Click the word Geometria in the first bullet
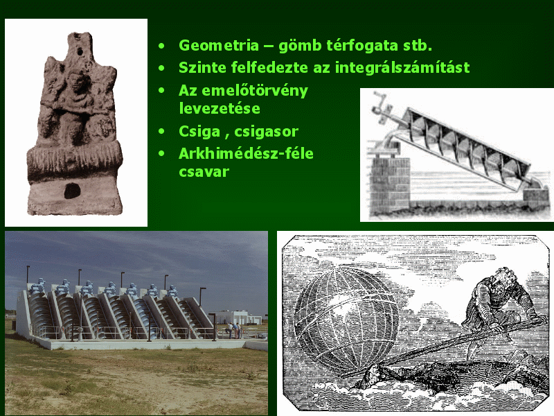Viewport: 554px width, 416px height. [219, 45]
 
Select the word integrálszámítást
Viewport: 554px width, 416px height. [402, 67]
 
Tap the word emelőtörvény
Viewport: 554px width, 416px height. [255, 91]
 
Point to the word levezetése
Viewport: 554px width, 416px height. [220, 108]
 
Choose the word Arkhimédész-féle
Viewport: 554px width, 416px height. [246, 153]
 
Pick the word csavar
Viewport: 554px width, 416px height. [204, 172]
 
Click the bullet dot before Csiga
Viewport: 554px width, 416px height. [162, 132]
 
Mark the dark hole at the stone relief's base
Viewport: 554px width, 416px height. [72, 191]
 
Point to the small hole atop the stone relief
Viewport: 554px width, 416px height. [80, 52]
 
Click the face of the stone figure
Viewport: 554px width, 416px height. [76, 81]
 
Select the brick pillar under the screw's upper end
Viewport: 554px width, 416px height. [390, 184]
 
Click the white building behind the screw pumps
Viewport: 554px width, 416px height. [235, 318]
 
